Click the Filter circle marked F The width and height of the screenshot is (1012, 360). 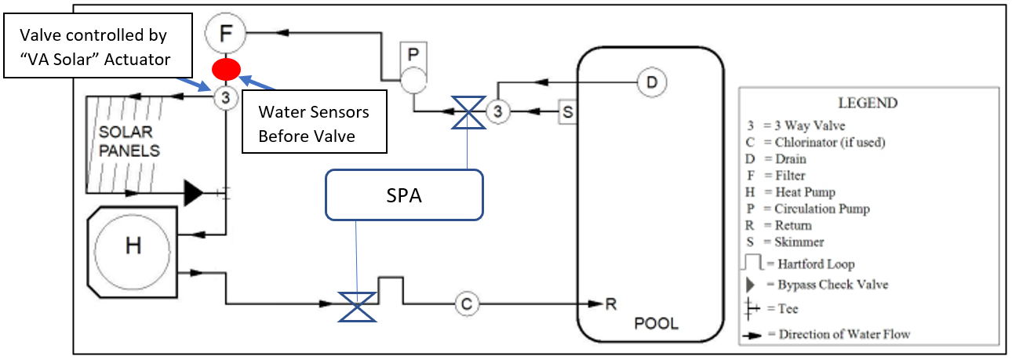pos(225,34)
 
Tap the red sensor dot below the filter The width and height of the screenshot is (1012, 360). pos(225,69)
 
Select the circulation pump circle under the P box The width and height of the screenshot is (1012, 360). pos(413,81)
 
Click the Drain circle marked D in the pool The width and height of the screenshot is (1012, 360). pos(651,82)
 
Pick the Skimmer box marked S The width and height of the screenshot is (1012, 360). pos(568,112)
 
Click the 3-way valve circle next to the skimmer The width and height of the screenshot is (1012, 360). pos(498,112)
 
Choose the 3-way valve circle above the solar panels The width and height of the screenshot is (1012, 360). pos(225,98)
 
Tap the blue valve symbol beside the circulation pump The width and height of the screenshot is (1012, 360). pos(469,112)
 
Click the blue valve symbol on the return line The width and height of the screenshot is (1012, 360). pos(358,304)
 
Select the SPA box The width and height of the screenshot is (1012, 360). pos(404,195)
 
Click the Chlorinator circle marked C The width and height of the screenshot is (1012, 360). pos(466,304)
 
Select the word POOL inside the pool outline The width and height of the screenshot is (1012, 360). pos(657,324)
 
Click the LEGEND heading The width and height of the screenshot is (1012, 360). pos(868,104)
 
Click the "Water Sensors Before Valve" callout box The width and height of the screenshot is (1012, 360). pos(314,123)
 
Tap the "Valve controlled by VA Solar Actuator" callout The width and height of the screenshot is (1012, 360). pos(95,47)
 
